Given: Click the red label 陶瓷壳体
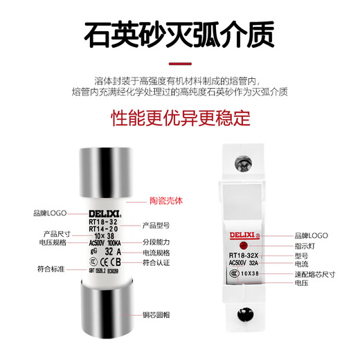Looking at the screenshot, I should click(166, 201).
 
